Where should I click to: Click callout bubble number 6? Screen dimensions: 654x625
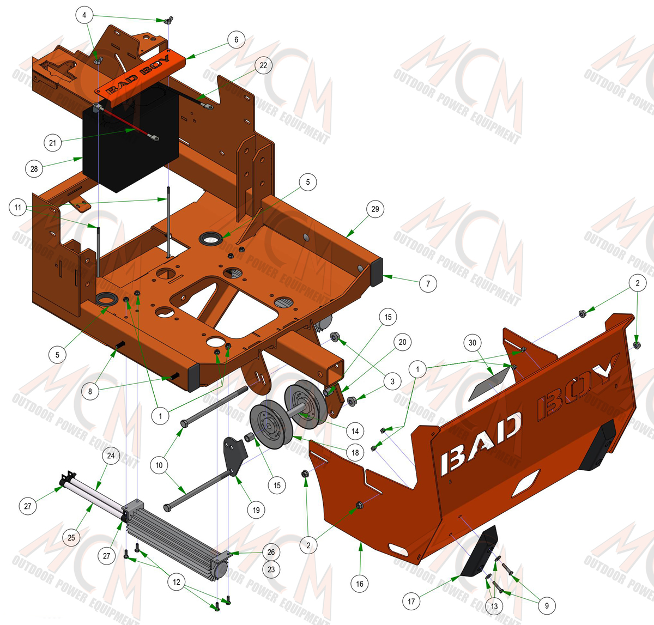[236, 40]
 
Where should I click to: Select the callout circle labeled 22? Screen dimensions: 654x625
[263, 65]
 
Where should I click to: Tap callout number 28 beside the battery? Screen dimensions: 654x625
[34, 169]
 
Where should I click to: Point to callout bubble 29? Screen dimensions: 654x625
[375, 209]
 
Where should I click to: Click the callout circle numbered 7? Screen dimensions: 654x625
[428, 283]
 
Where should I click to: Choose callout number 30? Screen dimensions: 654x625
[473, 343]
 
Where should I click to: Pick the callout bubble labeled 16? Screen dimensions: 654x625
[360, 584]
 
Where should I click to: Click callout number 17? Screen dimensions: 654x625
[411, 602]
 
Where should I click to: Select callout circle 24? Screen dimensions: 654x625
[111, 456]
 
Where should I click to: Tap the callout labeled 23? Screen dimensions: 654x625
[271, 569]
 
